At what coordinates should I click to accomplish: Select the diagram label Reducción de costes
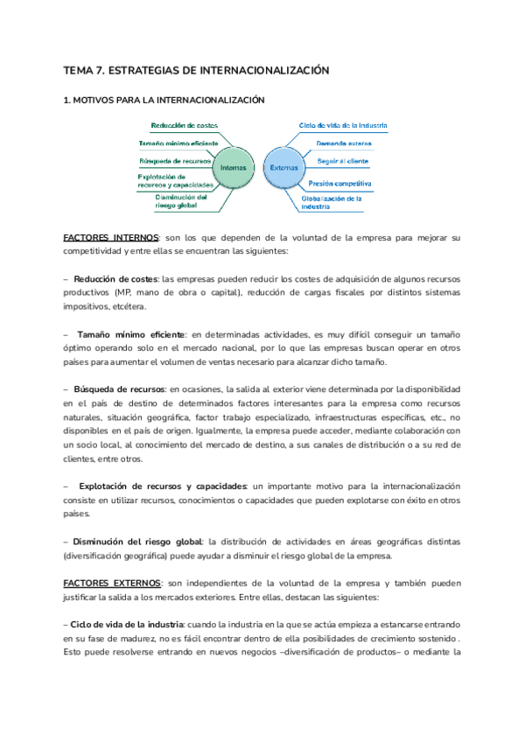pos(184,125)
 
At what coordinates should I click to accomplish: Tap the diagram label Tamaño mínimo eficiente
pos(178,143)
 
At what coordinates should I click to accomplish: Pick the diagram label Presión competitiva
pos(340,184)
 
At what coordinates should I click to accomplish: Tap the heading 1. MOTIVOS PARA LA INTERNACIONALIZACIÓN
pos(164,101)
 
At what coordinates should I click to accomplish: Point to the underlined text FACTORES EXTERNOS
pos(112,582)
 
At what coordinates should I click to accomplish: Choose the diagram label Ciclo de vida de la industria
pos(344,125)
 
